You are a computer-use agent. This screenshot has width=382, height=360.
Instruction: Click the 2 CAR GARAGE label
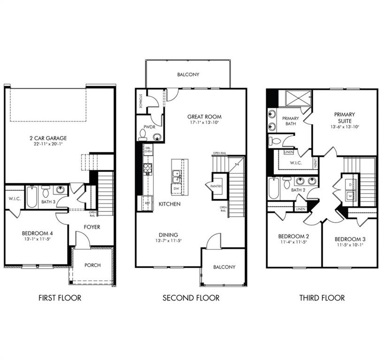tap(46, 138)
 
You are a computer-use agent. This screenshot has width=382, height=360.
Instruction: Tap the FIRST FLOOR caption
tap(60, 298)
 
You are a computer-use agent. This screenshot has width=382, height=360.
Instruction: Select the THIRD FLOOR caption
tap(322, 298)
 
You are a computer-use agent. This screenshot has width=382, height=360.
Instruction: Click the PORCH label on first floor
tap(92, 265)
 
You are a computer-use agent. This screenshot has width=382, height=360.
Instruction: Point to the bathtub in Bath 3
tap(31, 197)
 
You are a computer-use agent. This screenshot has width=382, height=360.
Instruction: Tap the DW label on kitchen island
tap(177, 188)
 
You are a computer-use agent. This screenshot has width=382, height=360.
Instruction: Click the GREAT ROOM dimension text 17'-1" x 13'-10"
tap(204, 122)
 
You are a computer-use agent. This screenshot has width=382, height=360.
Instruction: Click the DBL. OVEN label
tap(148, 150)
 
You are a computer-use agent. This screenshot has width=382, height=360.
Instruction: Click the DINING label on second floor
tap(168, 235)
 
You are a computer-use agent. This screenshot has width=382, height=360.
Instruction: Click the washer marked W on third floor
tap(350, 196)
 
